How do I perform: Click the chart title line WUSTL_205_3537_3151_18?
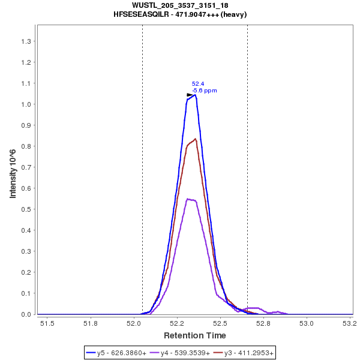click(x=180, y=5)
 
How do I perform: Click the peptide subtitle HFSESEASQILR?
click(x=180, y=14)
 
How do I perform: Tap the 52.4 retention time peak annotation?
click(x=198, y=84)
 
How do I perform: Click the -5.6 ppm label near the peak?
click(x=205, y=91)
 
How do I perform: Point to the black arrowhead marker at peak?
click(x=190, y=95)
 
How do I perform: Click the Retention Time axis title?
click(x=195, y=335)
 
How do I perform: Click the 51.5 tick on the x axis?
click(x=47, y=324)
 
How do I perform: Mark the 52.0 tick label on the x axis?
click(x=134, y=324)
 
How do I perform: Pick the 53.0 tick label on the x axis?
click(x=307, y=324)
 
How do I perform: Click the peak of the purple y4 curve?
click(x=188, y=199)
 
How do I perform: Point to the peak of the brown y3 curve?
click(x=195, y=139)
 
